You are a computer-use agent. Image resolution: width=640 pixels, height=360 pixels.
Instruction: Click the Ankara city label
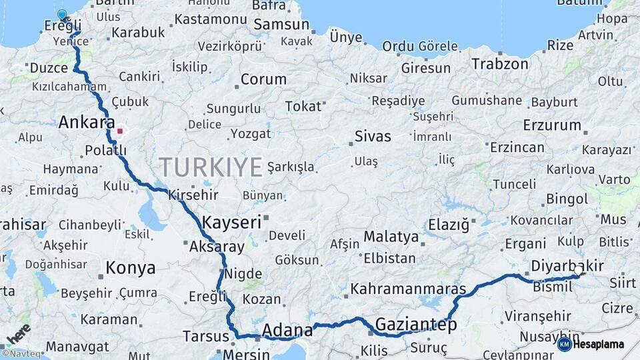pyautogui.click(x=87, y=123)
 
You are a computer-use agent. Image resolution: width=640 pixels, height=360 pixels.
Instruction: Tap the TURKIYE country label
pyautogui.click(x=210, y=167)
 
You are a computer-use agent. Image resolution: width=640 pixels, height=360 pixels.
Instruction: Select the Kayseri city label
pyautogui.click(x=231, y=222)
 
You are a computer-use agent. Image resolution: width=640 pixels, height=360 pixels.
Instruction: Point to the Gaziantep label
pyautogui.click(x=416, y=325)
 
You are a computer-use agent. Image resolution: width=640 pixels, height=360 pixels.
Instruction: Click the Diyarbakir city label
pyautogui.click(x=567, y=267)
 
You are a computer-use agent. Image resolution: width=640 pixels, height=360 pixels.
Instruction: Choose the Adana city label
pyautogui.click(x=287, y=330)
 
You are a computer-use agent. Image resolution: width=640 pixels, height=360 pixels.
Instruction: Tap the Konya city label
pyautogui.click(x=131, y=268)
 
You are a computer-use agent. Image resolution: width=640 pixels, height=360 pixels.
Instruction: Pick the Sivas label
pyautogui.click(x=373, y=137)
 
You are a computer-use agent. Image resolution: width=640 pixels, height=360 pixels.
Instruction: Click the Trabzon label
pyautogui.click(x=500, y=65)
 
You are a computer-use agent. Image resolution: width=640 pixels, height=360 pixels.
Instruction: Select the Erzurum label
pyautogui.click(x=552, y=125)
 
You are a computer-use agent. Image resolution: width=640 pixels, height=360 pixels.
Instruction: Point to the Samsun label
pyautogui.click(x=281, y=25)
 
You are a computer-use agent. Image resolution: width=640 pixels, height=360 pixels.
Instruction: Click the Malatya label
pyautogui.click(x=391, y=237)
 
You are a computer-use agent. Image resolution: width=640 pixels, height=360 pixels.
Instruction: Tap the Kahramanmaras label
pyautogui.click(x=408, y=289)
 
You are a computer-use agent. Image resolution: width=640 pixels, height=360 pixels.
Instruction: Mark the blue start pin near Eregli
pyautogui.click(x=62, y=14)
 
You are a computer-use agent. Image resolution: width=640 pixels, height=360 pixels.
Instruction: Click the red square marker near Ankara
pyautogui.click(x=120, y=131)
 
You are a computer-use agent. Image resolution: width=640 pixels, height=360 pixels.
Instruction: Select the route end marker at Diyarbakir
pyautogui.click(x=580, y=273)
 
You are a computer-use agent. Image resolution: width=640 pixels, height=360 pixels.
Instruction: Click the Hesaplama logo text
pyautogui.click(x=599, y=344)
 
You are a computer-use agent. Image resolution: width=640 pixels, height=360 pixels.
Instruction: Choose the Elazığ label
pyautogui.click(x=448, y=224)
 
